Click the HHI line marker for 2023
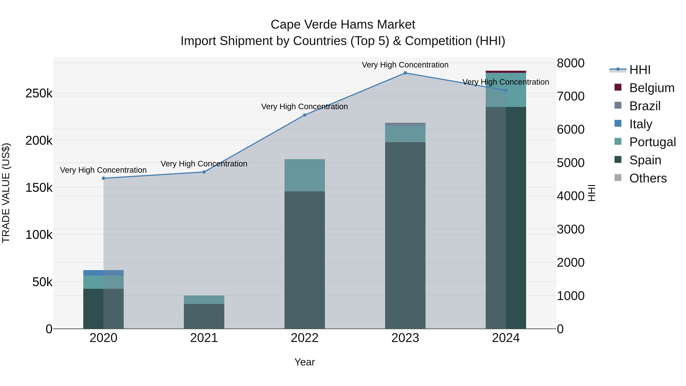405,73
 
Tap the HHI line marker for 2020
104,178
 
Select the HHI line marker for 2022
305,115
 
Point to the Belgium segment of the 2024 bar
506,72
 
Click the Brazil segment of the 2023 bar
405,124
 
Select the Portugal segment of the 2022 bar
305,175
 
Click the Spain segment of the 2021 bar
204,316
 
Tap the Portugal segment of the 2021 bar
204,300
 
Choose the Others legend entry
648,178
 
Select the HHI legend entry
640,70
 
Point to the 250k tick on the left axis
39,94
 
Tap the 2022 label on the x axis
305,338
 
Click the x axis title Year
305,362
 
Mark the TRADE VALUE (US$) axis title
6,193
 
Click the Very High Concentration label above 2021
204,164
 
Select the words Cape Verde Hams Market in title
343,25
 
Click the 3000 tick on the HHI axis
570,229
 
